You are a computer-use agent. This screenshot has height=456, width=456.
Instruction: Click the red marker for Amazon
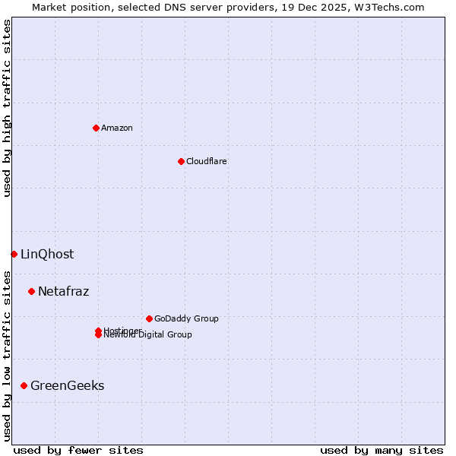pos(96,128)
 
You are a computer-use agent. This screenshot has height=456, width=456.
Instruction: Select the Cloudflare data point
pos(181,161)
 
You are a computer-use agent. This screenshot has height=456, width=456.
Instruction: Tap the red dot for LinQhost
pos(14,254)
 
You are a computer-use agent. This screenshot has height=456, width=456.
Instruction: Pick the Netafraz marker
pos(31,291)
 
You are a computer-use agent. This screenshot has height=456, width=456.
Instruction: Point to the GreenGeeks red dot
pos(24,385)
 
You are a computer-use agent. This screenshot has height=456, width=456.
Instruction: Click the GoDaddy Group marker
pos(149,318)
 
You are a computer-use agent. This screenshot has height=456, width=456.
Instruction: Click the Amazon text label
pos(117,128)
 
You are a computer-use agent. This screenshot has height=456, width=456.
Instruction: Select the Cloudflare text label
pos(207,161)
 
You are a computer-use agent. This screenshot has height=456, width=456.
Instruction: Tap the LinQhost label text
pos(47,254)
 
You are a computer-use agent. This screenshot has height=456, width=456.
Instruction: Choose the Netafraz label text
pos(64,291)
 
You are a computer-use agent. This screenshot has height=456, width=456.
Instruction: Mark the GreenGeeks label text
pos(68,385)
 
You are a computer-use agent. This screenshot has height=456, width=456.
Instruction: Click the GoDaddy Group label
pos(186,318)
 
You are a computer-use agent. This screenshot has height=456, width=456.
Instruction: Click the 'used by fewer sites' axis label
pos(78,450)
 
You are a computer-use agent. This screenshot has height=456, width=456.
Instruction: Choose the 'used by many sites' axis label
pos(382,450)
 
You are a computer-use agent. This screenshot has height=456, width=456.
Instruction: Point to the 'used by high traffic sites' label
pos(8,108)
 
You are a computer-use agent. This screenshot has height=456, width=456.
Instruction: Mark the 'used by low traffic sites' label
pos(8,356)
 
